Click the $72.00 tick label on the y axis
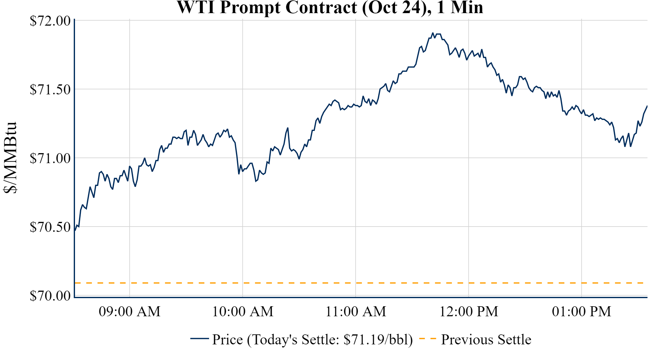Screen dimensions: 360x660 [x=50, y=21]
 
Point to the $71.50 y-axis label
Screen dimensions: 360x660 [x=50, y=90]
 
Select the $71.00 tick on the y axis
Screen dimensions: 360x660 [x=50, y=158]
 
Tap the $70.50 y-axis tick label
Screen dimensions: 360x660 [x=50, y=227]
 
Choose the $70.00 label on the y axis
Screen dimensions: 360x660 [x=50, y=296]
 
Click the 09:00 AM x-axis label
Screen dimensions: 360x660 [x=130, y=312]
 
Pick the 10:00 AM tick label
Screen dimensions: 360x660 [x=243, y=312]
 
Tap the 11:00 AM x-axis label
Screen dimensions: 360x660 [x=356, y=312]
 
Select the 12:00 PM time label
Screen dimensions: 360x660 [x=469, y=312]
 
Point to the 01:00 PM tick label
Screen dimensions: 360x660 [x=582, y=312]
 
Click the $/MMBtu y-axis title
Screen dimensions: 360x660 [x=10, y=157]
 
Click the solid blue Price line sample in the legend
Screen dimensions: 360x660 [x=199, y=338]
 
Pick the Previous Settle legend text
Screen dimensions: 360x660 [x=486, y=340]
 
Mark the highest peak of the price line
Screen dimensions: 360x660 [x=433, y=33]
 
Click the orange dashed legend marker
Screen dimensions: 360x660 [x=427, y=338]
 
